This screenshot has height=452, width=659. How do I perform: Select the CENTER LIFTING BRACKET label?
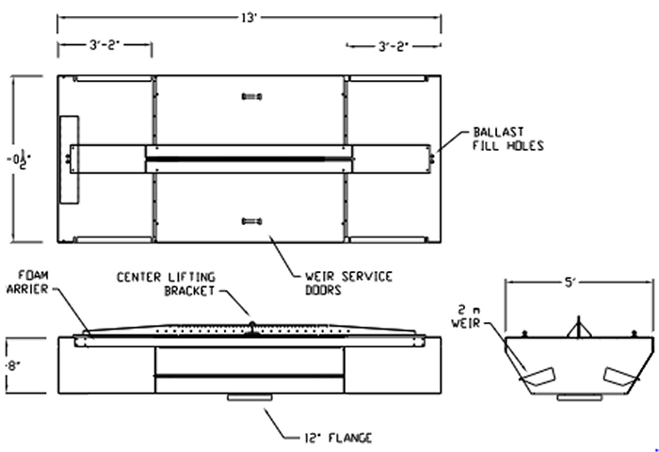click(166, 283)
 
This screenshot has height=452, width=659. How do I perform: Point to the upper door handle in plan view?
click(249, 96)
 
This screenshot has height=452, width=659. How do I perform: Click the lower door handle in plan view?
click(249, 220)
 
